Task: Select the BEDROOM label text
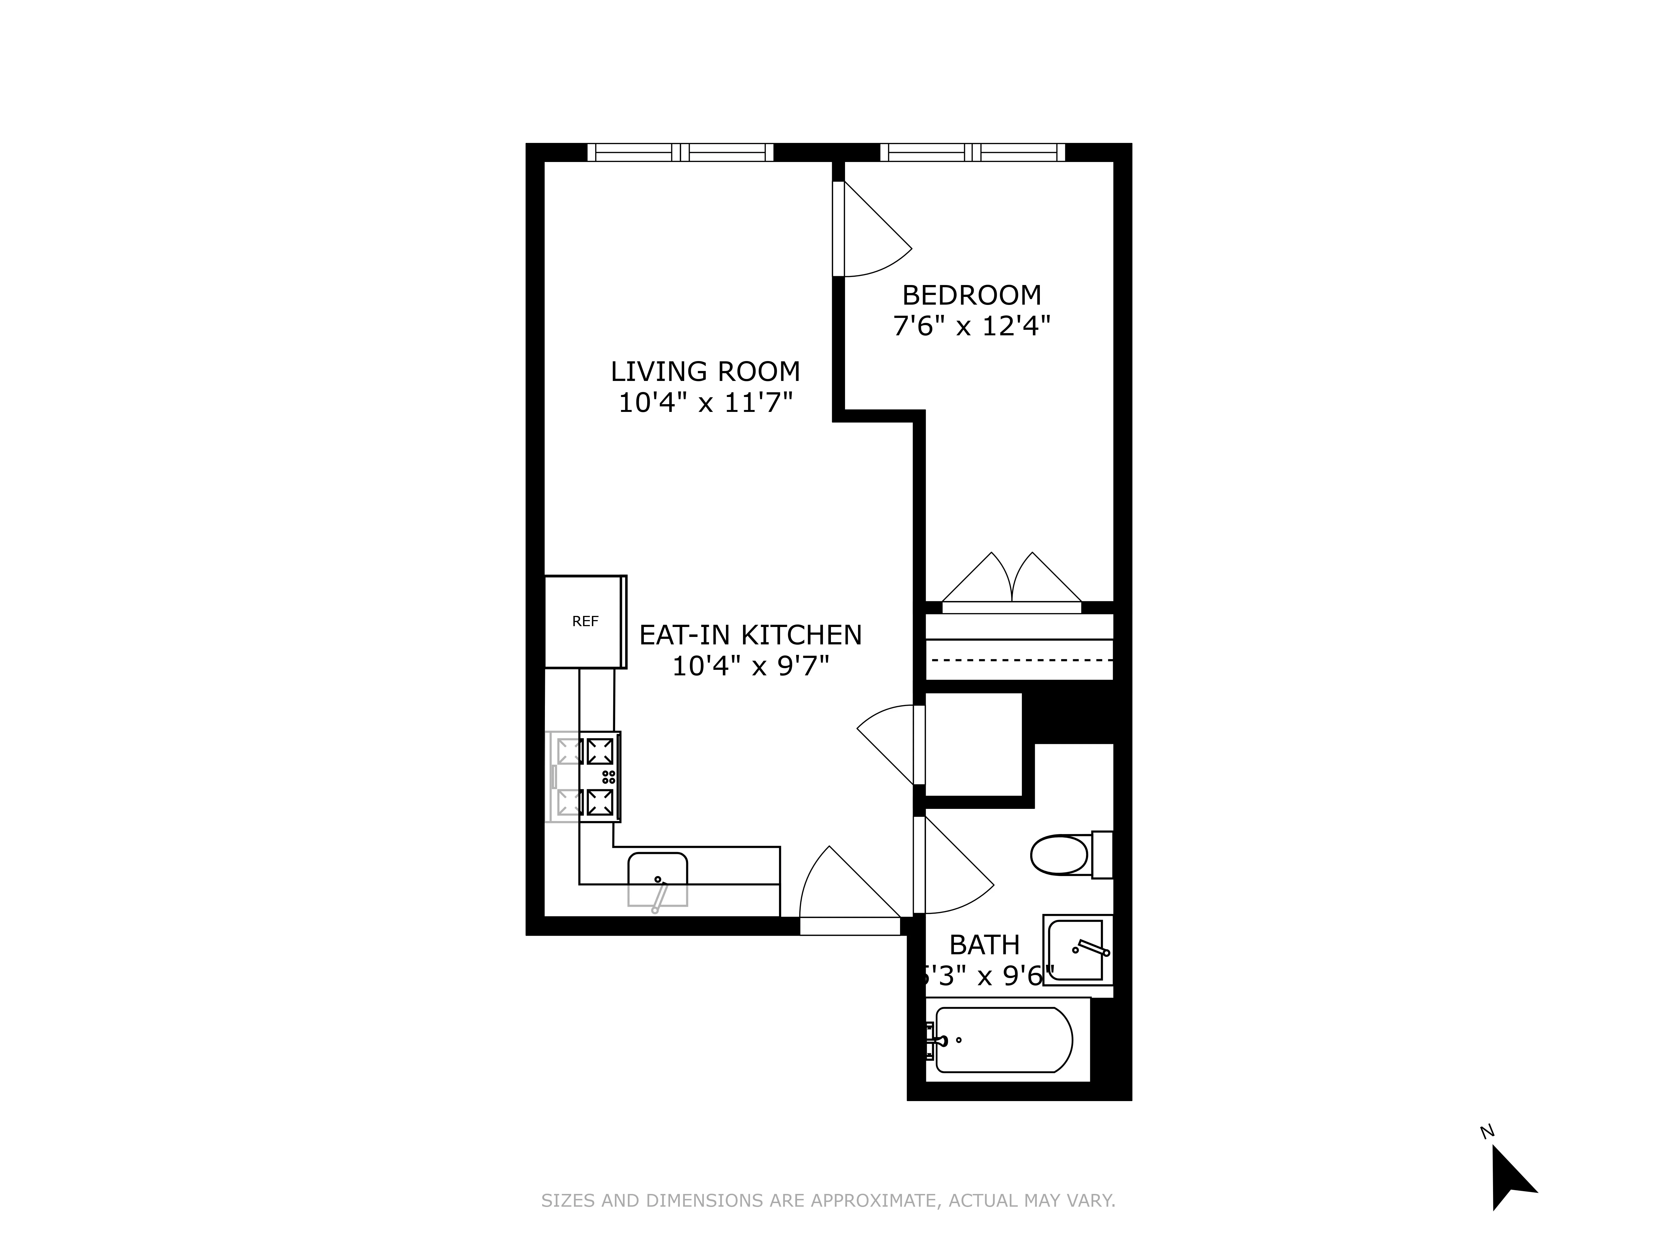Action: click(971, 296)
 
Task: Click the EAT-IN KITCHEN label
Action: click(750, 635)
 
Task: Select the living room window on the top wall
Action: click(680, 152)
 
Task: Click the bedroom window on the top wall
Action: click(972, 152)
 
